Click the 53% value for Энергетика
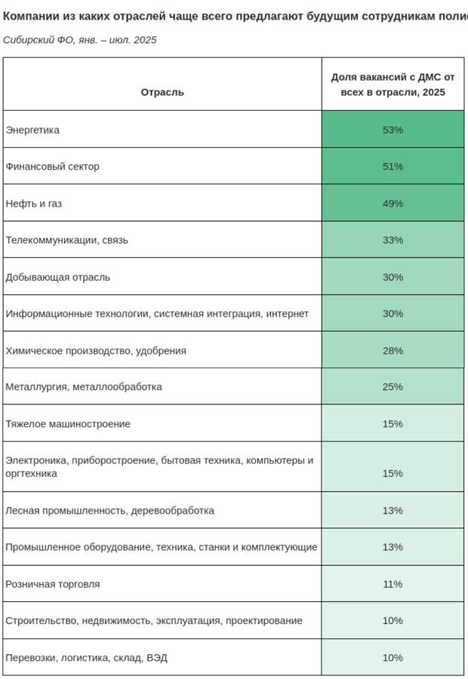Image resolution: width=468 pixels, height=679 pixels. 393,130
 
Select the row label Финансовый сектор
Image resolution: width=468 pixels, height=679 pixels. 52,167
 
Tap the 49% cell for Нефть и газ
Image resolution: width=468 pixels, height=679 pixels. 393,204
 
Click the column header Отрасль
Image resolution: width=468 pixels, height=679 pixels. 162,92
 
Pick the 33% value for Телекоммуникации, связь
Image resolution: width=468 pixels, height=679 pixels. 393,240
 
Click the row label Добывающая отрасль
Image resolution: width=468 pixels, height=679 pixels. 57,277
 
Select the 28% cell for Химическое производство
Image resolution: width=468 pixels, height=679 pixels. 393,351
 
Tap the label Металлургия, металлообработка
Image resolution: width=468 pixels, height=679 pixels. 84,387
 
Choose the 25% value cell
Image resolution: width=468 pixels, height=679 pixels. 393,387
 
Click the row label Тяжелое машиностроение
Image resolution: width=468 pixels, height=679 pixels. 68,424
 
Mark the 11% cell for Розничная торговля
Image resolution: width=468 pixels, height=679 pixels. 393,584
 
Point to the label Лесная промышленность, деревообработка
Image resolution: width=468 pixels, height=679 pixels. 109,511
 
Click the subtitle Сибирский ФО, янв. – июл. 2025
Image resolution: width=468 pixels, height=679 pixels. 80,40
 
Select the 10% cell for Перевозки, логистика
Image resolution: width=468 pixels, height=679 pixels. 393,658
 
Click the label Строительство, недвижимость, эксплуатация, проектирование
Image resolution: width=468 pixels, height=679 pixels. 154,621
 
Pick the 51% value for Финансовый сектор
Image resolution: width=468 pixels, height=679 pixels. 393,167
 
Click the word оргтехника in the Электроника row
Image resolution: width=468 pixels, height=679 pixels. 31,474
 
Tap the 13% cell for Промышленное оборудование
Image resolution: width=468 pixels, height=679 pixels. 393,547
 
